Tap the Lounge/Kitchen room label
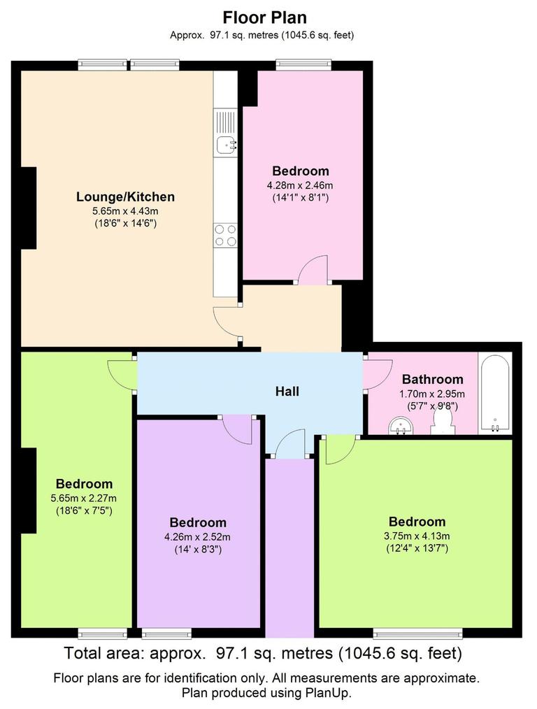click(x=125, y=197)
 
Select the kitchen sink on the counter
click(x=225, y=145)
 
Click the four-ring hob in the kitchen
click(x=225, y=235)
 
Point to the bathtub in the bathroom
click(x=495, y=393)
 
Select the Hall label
click(x=287, y=392)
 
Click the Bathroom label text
click(x=432, y=379)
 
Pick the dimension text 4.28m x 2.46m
click(x=300, y=185)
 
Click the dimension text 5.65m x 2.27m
click(x=84, y=498)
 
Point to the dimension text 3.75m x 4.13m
click(x=417, y=536)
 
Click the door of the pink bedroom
click(x=313, y=271)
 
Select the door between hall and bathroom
click(x=373, y=374)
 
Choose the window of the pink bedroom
click(x=303, y=65)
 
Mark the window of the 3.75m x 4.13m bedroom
click(x=417, y=633)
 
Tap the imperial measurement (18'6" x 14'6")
click(x=125, y=224)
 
